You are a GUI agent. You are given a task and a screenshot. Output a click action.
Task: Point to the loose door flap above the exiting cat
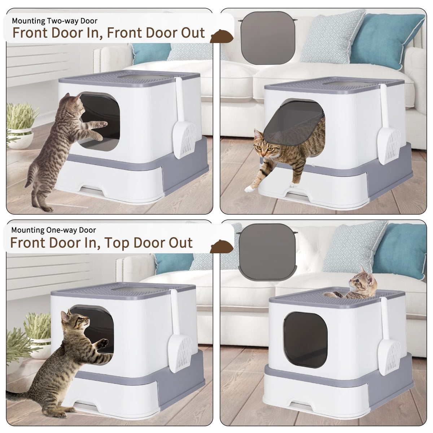(x=268, y=38)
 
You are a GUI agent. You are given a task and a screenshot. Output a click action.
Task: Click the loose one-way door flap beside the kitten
(x=267, y=252)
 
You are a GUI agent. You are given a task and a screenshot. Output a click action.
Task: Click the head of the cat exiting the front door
(x=265, y=144)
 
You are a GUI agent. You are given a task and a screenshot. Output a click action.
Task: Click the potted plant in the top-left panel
(x=20, y=126)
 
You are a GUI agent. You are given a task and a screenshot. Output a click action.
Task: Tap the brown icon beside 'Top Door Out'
(x=222, y=247)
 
